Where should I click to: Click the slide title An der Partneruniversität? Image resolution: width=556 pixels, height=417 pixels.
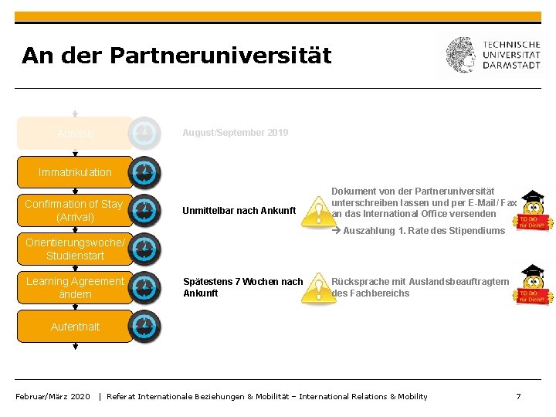coord(176,56)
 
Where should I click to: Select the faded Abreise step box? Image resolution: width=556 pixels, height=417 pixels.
coord(75,134)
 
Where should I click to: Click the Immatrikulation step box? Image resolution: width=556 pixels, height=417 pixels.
coord(75,172)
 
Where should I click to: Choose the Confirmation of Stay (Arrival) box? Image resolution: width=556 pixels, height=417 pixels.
coord(74,210)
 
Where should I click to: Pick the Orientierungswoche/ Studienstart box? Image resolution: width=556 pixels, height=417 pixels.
coord(75,249)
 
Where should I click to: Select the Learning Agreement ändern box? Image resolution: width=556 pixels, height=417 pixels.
coord(75,287)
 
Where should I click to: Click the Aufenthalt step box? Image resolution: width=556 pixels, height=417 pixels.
coord(75,327)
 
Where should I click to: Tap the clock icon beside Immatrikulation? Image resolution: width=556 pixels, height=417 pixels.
coord(144,172)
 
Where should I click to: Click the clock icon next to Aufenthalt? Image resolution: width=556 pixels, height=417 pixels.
coord(144,327)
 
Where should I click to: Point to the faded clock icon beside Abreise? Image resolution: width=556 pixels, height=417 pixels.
coord(144,133)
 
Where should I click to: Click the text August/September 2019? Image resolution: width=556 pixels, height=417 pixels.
coord(236,133)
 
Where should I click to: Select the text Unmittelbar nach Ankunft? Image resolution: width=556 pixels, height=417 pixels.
coord(239,210)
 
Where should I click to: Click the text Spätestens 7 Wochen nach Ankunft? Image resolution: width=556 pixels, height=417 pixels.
coord(242,287)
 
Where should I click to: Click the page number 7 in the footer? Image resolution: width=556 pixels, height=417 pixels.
coord(518,396)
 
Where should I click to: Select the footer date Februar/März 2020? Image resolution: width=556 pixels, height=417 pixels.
coord(53,396)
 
